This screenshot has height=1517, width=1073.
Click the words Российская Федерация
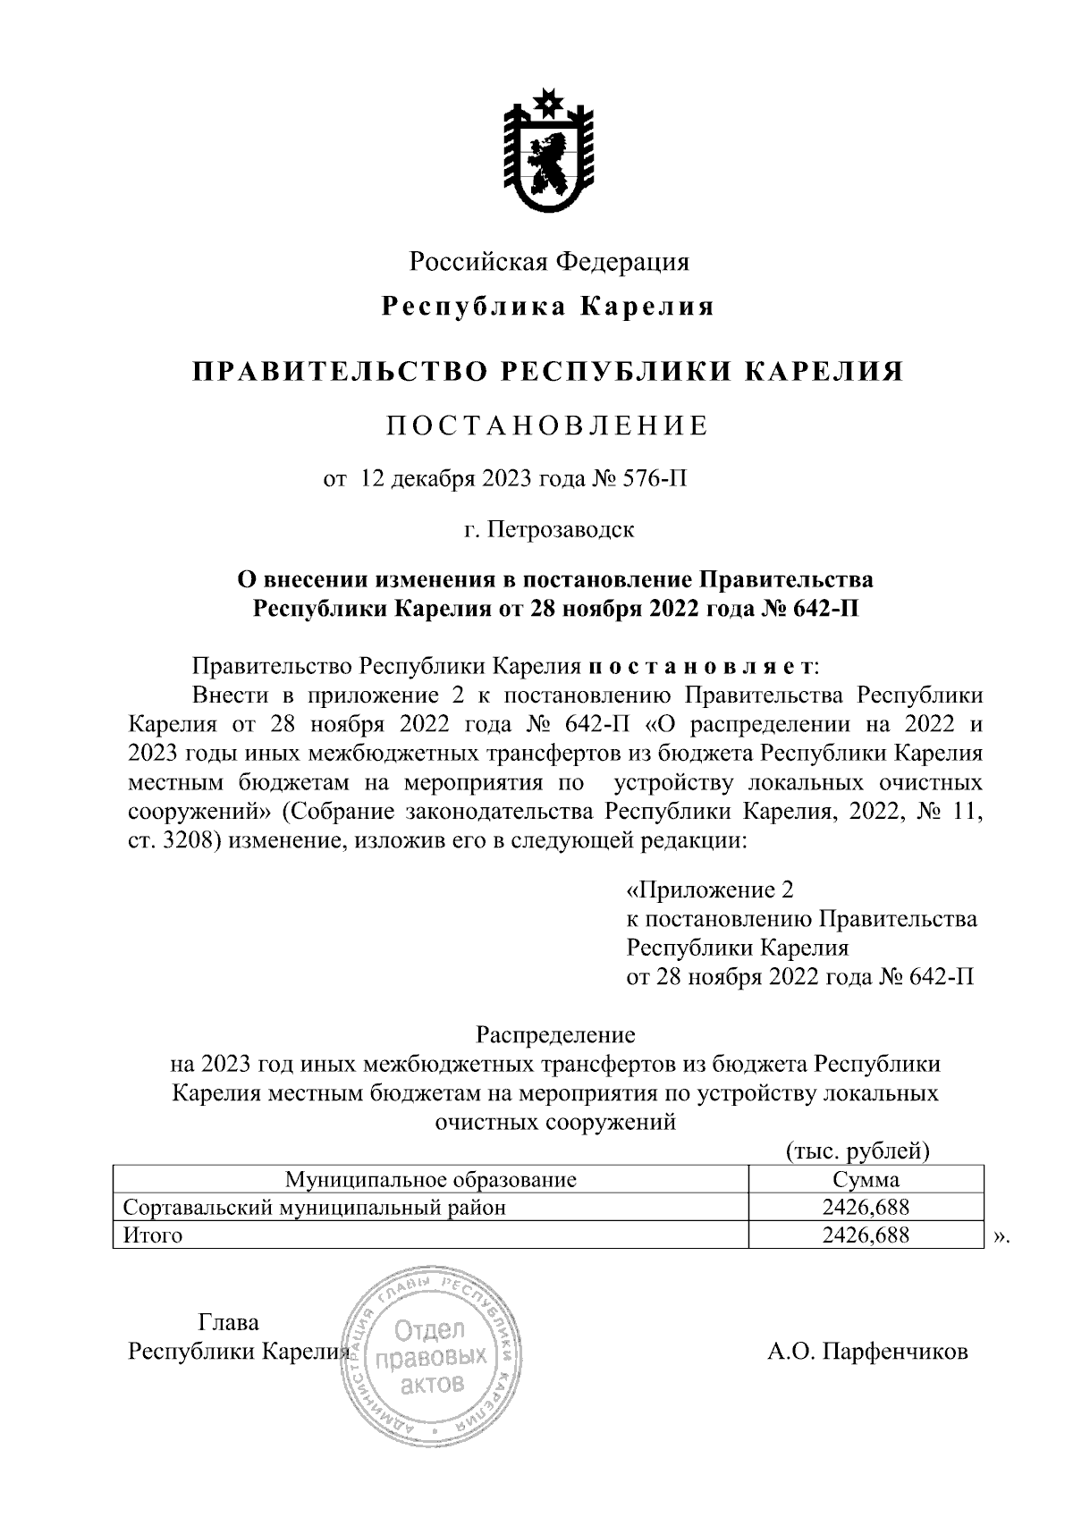(549, 262)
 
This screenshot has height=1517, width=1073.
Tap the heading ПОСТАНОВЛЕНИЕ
(547, 426)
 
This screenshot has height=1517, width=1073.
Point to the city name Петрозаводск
(562, 530)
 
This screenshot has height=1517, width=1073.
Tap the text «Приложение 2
(710, 890)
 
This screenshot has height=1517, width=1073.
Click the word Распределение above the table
(554, 1035)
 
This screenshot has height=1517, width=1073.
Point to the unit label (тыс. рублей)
(858, 1150)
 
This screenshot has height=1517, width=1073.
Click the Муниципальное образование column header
(430, 1179)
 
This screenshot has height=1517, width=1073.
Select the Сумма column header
(865, 1179)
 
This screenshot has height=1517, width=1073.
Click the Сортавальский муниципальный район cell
(315, 1208)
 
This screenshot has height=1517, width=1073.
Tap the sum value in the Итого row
(865, 1235)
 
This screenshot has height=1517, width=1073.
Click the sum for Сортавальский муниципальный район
(865, 1208)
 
